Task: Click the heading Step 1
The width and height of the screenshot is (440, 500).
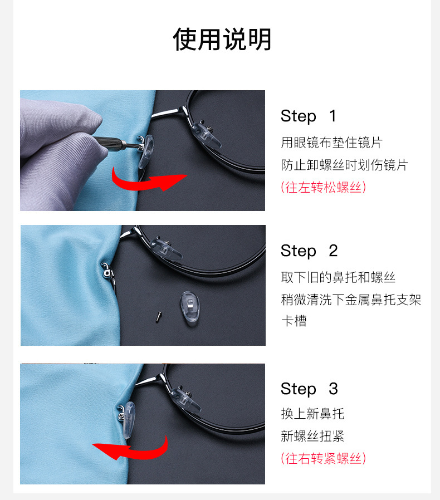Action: pos(309,116)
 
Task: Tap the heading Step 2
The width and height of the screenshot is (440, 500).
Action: pos(309,251)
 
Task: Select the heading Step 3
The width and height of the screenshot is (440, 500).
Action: pos(309,389)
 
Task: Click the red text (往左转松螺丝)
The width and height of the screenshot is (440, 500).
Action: pos(323,187)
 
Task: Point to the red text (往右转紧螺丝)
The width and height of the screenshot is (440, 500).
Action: pos(323,458)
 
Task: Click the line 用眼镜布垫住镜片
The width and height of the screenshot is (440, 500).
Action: pos(331,143)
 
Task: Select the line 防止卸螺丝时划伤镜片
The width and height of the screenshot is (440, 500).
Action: pos(344,165)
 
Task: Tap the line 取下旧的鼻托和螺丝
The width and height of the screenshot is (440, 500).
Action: pos(338,277)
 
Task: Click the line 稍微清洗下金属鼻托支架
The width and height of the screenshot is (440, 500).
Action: pos(351,300)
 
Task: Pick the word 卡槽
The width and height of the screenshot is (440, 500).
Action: pos(294,321)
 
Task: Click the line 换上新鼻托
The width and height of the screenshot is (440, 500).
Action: pos(312,414)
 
